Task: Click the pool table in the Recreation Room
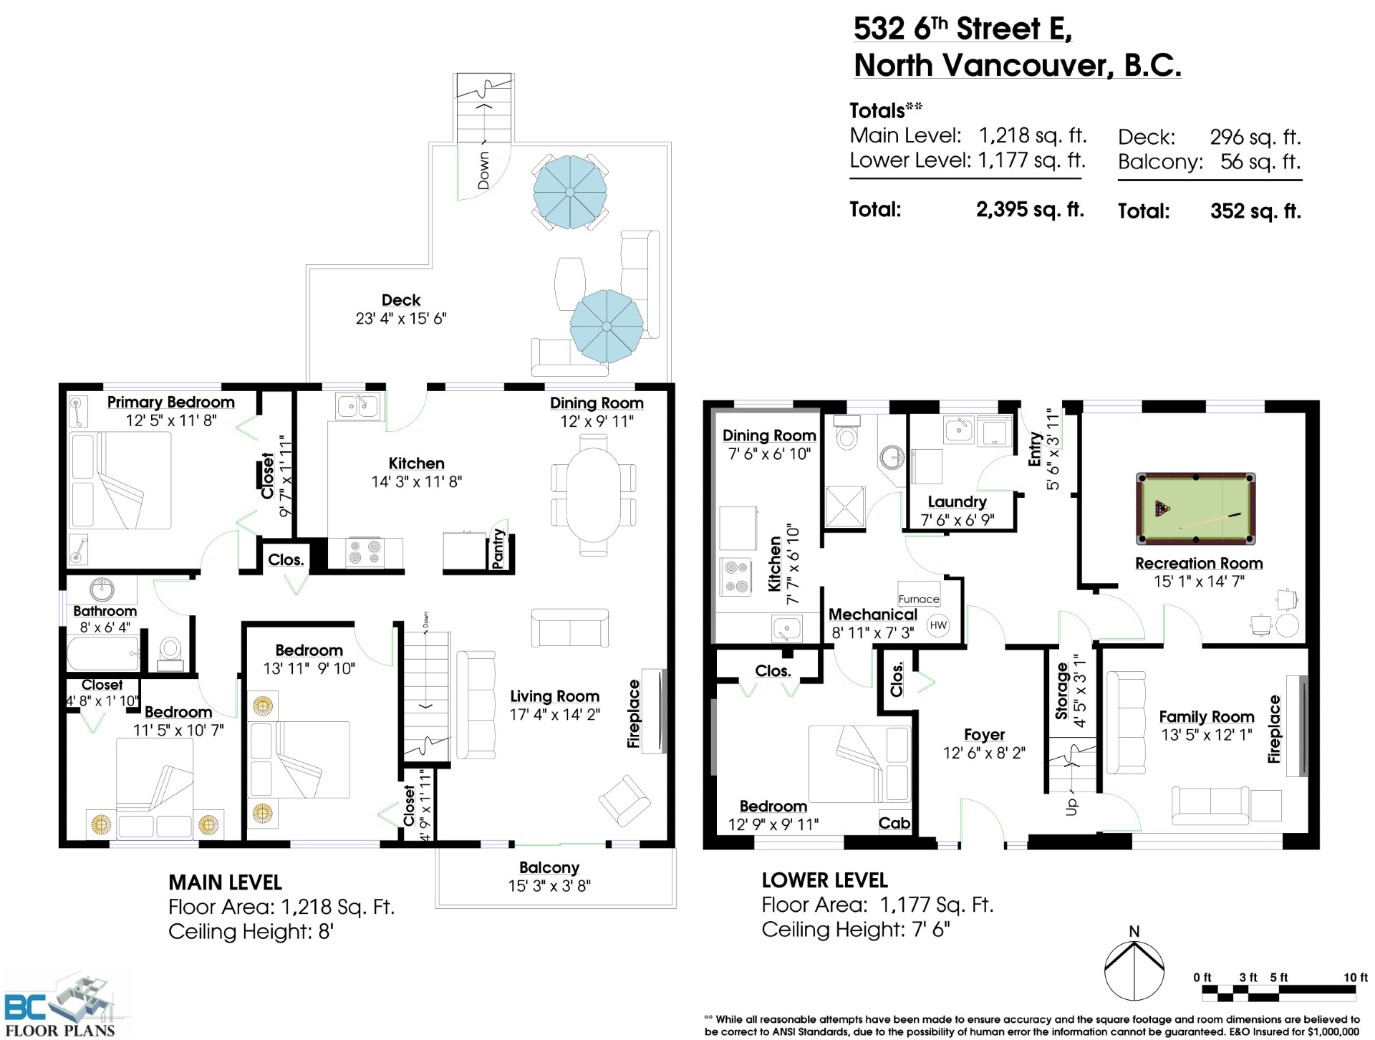(x=1195, y=508)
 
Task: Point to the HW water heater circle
(x=937, y=625)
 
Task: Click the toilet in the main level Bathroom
(x=170, y=653)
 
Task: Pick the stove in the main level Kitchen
(x=364, y=553)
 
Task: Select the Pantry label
(x=498, y=549)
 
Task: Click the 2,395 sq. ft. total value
(x=1030, y=210)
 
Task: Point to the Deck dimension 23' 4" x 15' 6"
(x=401, y=318)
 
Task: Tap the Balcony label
(x=549, y=867)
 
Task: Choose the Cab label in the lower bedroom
(x=894, y=823)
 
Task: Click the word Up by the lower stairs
(x=1072, y=806)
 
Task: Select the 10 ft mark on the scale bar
(x=1355, y=978)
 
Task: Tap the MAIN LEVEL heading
(x=225, y=882)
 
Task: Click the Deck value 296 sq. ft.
(x=1255, y=137)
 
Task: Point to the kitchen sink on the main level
(x=357, y=406)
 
